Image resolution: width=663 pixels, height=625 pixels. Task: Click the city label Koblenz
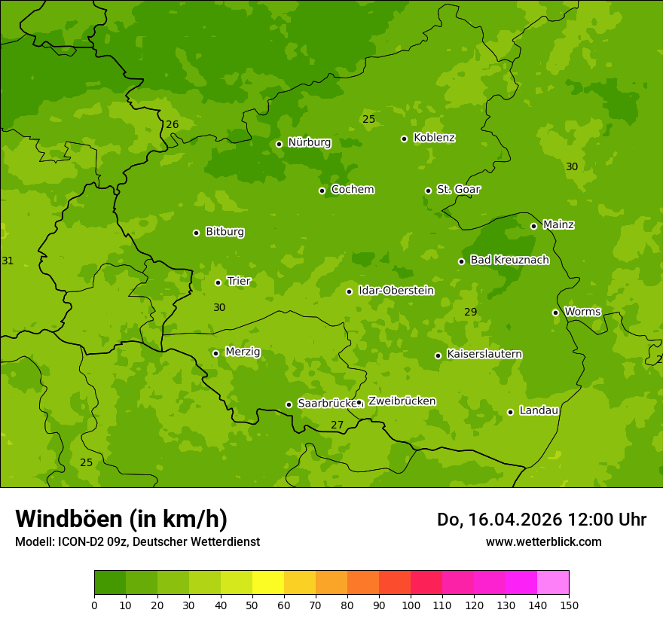tap(434, 138)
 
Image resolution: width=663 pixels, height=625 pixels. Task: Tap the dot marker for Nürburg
tap(279, 144)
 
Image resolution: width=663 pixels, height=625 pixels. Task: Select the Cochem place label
tap(352, 189)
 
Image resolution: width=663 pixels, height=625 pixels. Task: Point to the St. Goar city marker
tap(428, 191)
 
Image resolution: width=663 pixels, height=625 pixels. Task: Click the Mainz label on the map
tap(558, 224)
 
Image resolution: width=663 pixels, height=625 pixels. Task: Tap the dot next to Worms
tap(555, 312)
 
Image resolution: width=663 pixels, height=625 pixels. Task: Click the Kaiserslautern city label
tap(484, 354)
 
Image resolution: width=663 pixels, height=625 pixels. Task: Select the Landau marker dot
tap(510, 412)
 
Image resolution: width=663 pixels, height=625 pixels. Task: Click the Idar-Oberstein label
tap(396, 290)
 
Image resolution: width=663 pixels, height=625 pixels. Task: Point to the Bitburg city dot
tap(196, 233)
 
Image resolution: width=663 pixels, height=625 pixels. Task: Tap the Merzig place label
tap(243, 352)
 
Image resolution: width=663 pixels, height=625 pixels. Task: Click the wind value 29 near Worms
tap(470, 312)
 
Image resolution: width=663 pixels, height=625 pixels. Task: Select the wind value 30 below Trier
tap(219, 307)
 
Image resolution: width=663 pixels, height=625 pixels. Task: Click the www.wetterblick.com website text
tap(543, 541)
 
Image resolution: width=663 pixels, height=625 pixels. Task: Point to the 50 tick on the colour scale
tap(252, 604)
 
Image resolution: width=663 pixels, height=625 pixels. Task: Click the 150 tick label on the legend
tap(569, 604)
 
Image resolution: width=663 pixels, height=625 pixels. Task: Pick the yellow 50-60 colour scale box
tap(268, 583)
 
